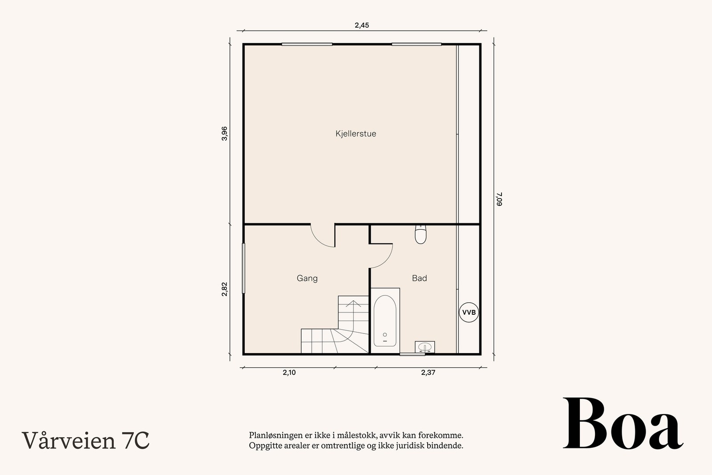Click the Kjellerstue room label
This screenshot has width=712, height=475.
tap(356, 134)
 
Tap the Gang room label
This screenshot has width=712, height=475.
tap(307, 278)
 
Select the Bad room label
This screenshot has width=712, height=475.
tap(419, 278)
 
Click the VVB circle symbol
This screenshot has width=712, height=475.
tap(469, 312)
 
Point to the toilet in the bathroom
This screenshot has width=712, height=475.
tap(421, 234)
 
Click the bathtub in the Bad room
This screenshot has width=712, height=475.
tap(385, 321)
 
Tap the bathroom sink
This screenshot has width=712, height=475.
tap(425, 347)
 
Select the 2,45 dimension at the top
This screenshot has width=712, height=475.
tap(362, 25)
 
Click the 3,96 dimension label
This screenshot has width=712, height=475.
tap(224, 134)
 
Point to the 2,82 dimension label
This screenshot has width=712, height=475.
tap(224, 289)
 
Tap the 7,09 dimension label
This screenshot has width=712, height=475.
tap(499, 199)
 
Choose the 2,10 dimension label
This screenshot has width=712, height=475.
tap(289, 372)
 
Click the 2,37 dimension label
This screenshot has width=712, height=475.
tap(428, 372)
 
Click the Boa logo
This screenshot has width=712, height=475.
tap(623, 423)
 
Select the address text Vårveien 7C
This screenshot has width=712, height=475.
tap(85, 440)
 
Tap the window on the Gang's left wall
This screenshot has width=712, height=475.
tap(243, 268)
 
